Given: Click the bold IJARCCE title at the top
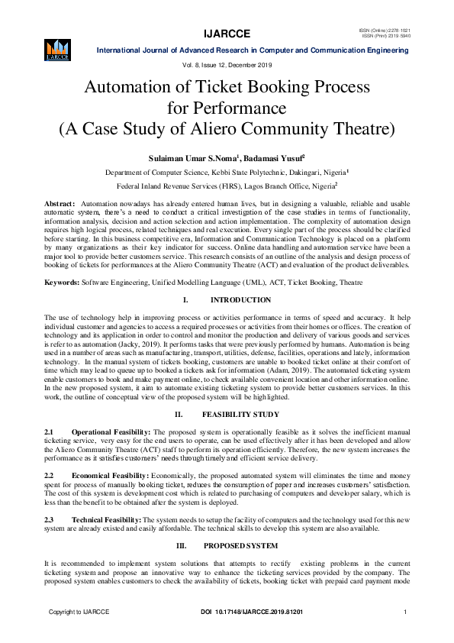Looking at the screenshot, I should tap(227, 34).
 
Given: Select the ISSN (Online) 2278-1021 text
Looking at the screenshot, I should tap(385, 30).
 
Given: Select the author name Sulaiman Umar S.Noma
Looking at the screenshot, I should tap(195, 157).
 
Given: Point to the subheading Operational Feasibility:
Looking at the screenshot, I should tap(110, 432).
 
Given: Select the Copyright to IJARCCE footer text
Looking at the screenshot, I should tap(79, 612).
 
